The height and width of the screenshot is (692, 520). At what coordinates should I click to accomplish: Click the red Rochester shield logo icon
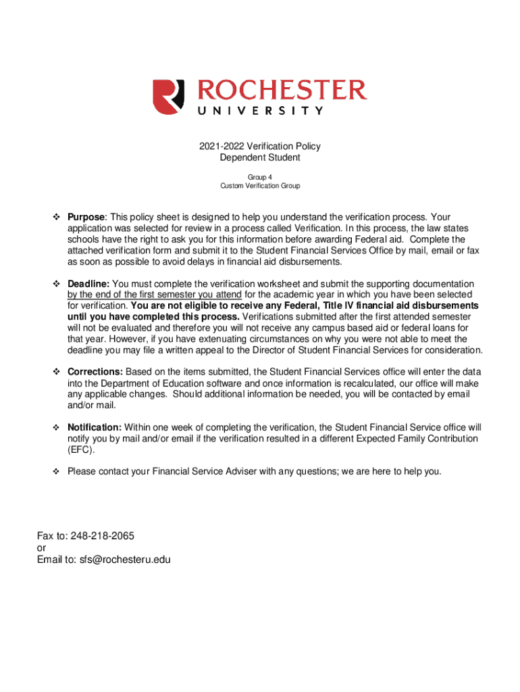pyautogui.click(x=168, y=97)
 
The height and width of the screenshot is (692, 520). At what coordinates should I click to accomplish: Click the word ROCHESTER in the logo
pyautogui.click(x=282, y=91)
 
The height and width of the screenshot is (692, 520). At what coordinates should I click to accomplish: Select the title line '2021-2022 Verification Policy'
pyautogui.click(x=260, y=146)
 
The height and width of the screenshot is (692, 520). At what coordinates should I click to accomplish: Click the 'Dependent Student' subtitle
pyautogui.click(x=260, y=157)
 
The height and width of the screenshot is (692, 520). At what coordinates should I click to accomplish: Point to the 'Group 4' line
pyautogui.click(x=260, y=176)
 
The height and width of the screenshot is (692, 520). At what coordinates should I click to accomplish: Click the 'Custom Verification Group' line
pyautogui.click(x=260, y=185)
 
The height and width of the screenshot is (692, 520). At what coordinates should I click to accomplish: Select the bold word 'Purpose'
pyautogui.click(x=86, y=217)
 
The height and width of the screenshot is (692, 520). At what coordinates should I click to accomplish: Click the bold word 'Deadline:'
pyautogui.click(x=88, y=284)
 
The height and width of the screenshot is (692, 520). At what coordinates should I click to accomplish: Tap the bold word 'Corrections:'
pyautogui.click(x=95, y=372)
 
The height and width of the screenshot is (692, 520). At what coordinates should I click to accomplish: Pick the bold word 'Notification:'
pyautogui.click(x=95, y=427)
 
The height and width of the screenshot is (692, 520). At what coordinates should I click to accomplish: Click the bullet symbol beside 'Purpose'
pyautogui.click(x=57, y=217)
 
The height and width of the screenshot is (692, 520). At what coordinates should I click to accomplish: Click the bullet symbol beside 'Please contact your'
pyautogui.click(x=57, y=471)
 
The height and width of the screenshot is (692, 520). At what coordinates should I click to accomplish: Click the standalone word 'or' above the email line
pyautogui.click(x=42, y=547)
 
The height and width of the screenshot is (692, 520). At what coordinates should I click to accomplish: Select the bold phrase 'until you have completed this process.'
pyautogui.click(x=153, y=317)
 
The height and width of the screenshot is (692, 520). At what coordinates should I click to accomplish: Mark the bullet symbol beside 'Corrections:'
pyautogui.click(x=57, y=372)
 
